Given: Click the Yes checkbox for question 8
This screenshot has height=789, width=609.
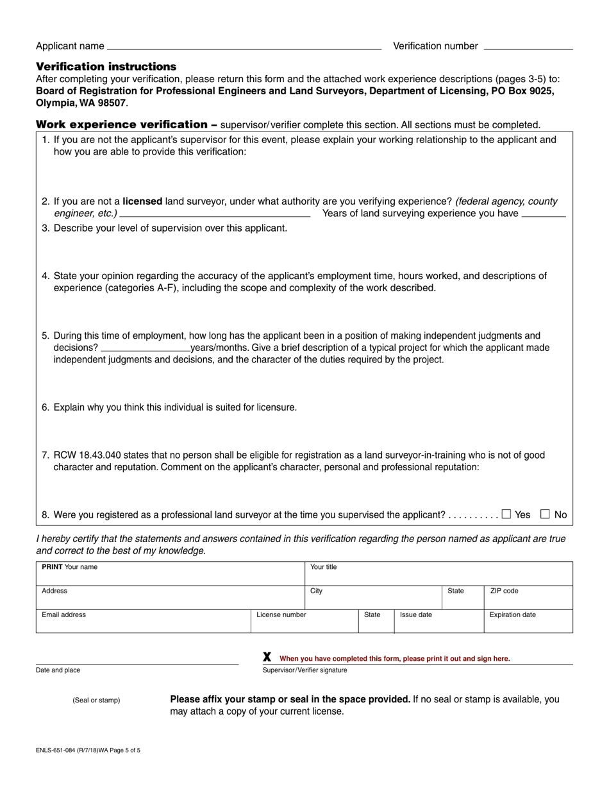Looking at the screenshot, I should (x=506, y=514).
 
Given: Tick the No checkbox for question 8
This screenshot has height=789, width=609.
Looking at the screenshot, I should (x=546, y=514).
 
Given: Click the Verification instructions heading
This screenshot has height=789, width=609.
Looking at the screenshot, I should (x=106, y=67).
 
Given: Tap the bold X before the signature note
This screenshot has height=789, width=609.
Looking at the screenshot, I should (x=267, y=657).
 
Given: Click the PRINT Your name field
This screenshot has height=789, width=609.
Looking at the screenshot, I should (x=170, y=573).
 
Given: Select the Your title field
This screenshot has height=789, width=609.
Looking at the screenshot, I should (x=438, y=573).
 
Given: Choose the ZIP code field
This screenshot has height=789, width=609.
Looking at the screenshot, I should (x=528, y=597).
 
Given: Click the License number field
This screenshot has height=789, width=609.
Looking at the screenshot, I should (x=304, y=621).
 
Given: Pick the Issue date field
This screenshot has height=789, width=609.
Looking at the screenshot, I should (x=438, y=621).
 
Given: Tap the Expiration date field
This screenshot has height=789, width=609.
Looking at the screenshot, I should (x=528, y=621).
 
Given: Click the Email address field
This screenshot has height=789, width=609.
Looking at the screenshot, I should (x=143, y=621).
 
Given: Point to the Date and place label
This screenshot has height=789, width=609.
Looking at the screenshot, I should (x=58, y=670).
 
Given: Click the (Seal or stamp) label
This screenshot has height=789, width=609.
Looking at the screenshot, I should (x=96, y=700).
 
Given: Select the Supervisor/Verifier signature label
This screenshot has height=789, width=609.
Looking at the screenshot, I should (x=304, y=670).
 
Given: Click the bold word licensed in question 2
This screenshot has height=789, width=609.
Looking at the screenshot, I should (x=142, y=201).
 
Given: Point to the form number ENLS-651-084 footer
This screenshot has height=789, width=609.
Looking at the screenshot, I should (x=88, y=750).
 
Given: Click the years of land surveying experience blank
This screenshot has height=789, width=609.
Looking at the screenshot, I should (x=544, y=214).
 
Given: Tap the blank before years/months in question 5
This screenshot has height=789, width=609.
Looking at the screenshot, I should (x=146, y=348).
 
